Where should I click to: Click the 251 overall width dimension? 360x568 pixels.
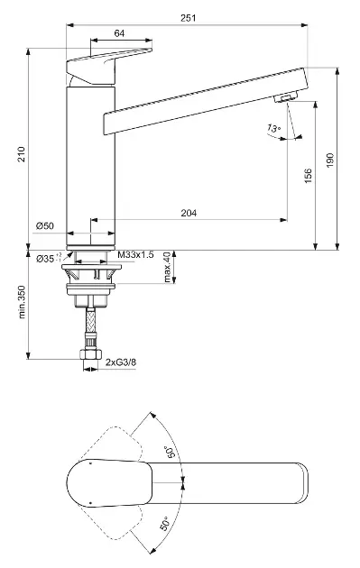[189, 18]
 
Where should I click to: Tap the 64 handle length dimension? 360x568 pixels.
[119, 33]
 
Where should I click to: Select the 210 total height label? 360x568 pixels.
[22, 154]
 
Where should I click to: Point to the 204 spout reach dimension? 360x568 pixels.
[189, 213]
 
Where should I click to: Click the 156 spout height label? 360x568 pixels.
[308, 176]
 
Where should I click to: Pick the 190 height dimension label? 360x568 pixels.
[329, 160]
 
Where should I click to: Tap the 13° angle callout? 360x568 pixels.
[273, 128]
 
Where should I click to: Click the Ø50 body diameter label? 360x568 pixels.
[45, 226]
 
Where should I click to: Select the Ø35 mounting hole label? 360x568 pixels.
[49, 258]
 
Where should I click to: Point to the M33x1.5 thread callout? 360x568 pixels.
[135, 254]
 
